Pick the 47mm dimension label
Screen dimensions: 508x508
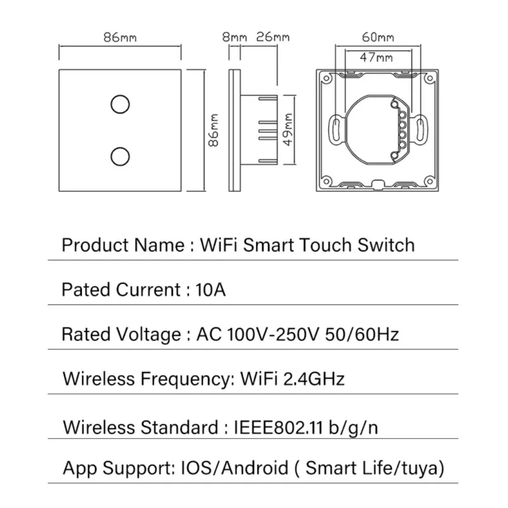tap(376, 58)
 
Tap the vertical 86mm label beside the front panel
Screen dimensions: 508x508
tap(214, 130)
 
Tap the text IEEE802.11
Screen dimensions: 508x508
tap(279, 425)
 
